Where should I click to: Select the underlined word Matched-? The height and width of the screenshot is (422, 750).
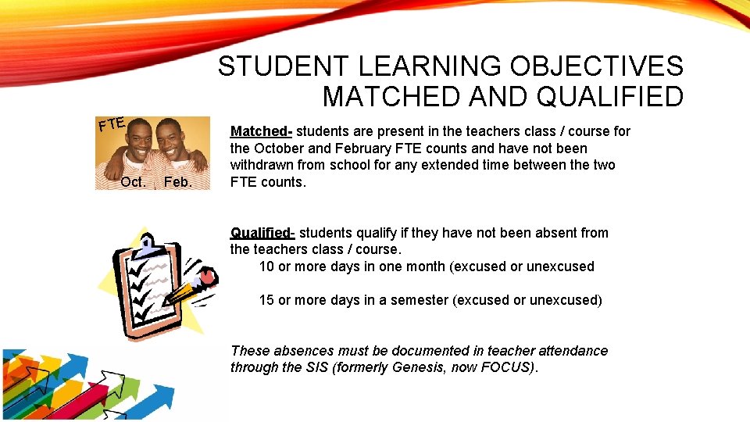coord(261,131)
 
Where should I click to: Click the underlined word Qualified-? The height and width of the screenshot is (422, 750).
coord(262,233)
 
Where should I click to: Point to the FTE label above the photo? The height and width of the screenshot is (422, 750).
coord(112,123)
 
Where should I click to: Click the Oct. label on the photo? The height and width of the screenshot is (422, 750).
coord(134,182)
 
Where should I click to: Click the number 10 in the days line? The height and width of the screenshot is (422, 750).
coord(266,266)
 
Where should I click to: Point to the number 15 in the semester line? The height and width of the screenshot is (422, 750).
coord(266,300)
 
